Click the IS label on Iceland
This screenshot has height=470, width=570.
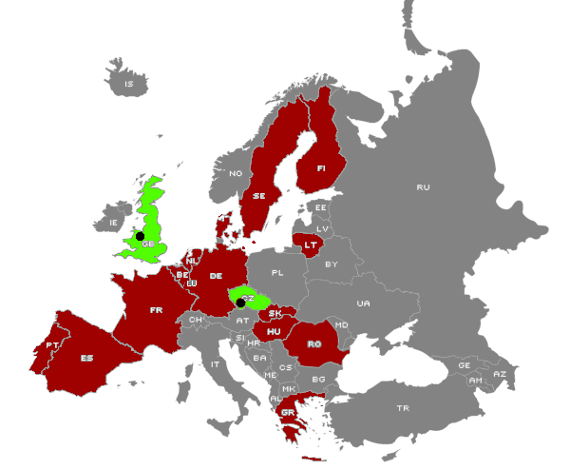[x=129, y=85]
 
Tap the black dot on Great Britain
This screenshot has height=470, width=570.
[x=140, y=235]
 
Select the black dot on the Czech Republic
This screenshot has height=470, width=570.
[x=240, y=303]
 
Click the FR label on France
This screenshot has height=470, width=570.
[x=157, y=309]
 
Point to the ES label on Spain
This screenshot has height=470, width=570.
[x=87, y=358]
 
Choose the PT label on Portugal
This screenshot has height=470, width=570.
[x=52, y=345]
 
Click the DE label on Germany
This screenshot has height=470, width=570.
[x=216, y=275]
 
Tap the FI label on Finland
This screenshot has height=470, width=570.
[x=321, y=168]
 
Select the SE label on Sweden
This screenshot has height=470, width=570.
[x=258, y=196]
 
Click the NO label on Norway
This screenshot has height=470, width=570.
[x=236, y=173]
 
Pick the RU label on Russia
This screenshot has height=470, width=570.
[x=423, y=186]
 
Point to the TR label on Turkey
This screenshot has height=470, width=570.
[x=402, y=408]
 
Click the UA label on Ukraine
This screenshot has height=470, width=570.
[x=363, y=304]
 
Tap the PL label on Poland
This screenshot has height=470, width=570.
[x=277, y=272]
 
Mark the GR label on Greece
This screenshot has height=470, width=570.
[x=288, y=412]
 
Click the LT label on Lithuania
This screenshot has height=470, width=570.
[x=311, y=245]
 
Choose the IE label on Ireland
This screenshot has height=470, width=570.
[x=115, y=223]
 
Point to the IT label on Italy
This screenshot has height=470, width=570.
[x=216, y=363]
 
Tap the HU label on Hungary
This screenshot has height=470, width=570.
[x=274, y=331]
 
